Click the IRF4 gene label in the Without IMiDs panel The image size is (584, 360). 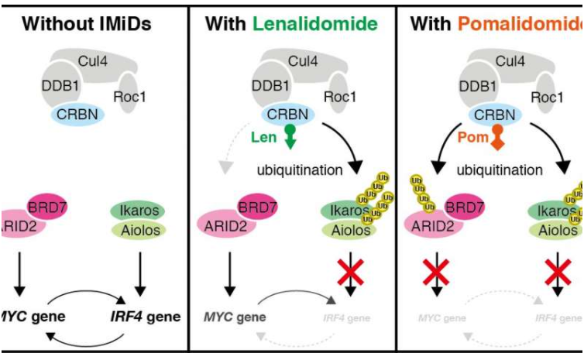point(145,317)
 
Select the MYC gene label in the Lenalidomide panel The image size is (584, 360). point(234,317)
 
